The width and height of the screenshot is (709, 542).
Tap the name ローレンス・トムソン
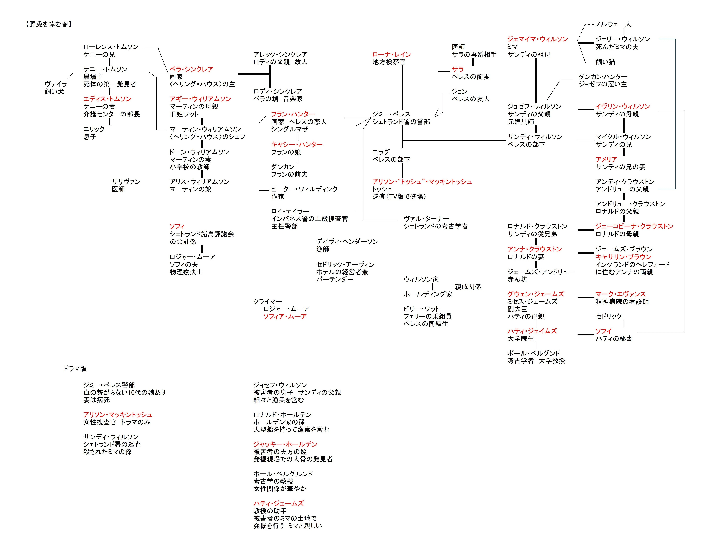[x=111, y=47]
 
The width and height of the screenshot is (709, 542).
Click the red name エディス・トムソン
[x=107, y=99]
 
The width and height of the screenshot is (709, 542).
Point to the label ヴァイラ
[x=56, y=84]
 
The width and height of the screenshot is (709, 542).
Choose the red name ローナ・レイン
[x=392, y=54]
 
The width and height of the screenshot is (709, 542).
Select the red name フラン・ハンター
[x=293, y=114]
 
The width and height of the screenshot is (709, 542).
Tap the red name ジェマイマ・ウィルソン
[x=538, y=39]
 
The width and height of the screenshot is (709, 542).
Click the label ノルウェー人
[x=613, y=24]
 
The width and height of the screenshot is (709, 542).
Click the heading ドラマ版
[x=75, y=368]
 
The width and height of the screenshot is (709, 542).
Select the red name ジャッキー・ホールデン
[x=285, y=444]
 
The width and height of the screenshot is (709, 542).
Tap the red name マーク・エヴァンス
[x=620, y=294]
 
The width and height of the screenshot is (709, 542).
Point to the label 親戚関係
[x=468, y=286]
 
